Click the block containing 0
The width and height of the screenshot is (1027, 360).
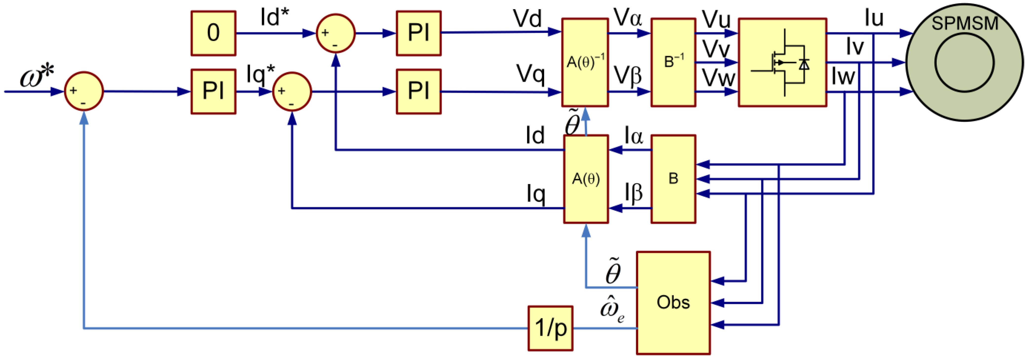coord(213,33)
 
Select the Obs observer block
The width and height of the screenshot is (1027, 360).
coord(673,303)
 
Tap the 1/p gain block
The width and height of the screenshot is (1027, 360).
coord(551,328)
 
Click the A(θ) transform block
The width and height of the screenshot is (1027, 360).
coord(586,179)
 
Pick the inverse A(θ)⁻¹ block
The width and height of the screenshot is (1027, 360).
coord(585,62)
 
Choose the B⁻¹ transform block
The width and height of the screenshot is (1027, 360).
coord(673,62)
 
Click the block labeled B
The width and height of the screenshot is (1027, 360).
coord(673,179)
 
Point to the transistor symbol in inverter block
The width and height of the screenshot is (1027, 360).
coord(782,62)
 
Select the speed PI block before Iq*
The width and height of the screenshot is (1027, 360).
coord(213,91)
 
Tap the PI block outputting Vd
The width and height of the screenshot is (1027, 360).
coord(418,33)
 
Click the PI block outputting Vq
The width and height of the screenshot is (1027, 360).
coord(418,91)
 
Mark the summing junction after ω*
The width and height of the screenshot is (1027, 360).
coord(84,91)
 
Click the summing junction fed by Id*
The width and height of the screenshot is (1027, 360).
coord(335,33)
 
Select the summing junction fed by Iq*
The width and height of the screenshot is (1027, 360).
coord(292,91)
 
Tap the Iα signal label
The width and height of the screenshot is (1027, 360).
coord(633,136)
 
